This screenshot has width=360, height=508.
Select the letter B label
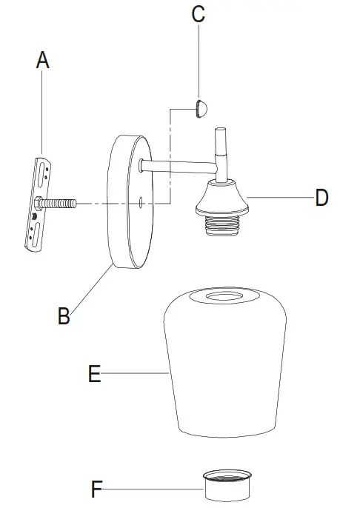click(x=64, y=315)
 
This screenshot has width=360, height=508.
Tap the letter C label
click(x=198, y=15)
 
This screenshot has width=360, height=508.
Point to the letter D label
click(x=321, y=198)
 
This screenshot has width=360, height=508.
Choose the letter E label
click(x=94, y=375)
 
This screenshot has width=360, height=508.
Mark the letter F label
click(x=97, y=489)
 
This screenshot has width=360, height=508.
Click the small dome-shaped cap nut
click(x=200, y=109)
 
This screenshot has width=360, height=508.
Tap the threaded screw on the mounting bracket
click(x=62, y=202)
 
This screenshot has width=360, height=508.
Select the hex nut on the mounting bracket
click(x=38, y=203)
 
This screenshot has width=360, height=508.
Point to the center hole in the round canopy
click(x=140, y=201)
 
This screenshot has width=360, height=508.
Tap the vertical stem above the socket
click(x=221, y=152)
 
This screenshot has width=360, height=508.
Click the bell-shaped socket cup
click(x=222, y=198)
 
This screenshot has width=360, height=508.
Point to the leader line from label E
click(x=133, y=375)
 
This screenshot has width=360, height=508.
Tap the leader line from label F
click(x=156, y=489)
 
